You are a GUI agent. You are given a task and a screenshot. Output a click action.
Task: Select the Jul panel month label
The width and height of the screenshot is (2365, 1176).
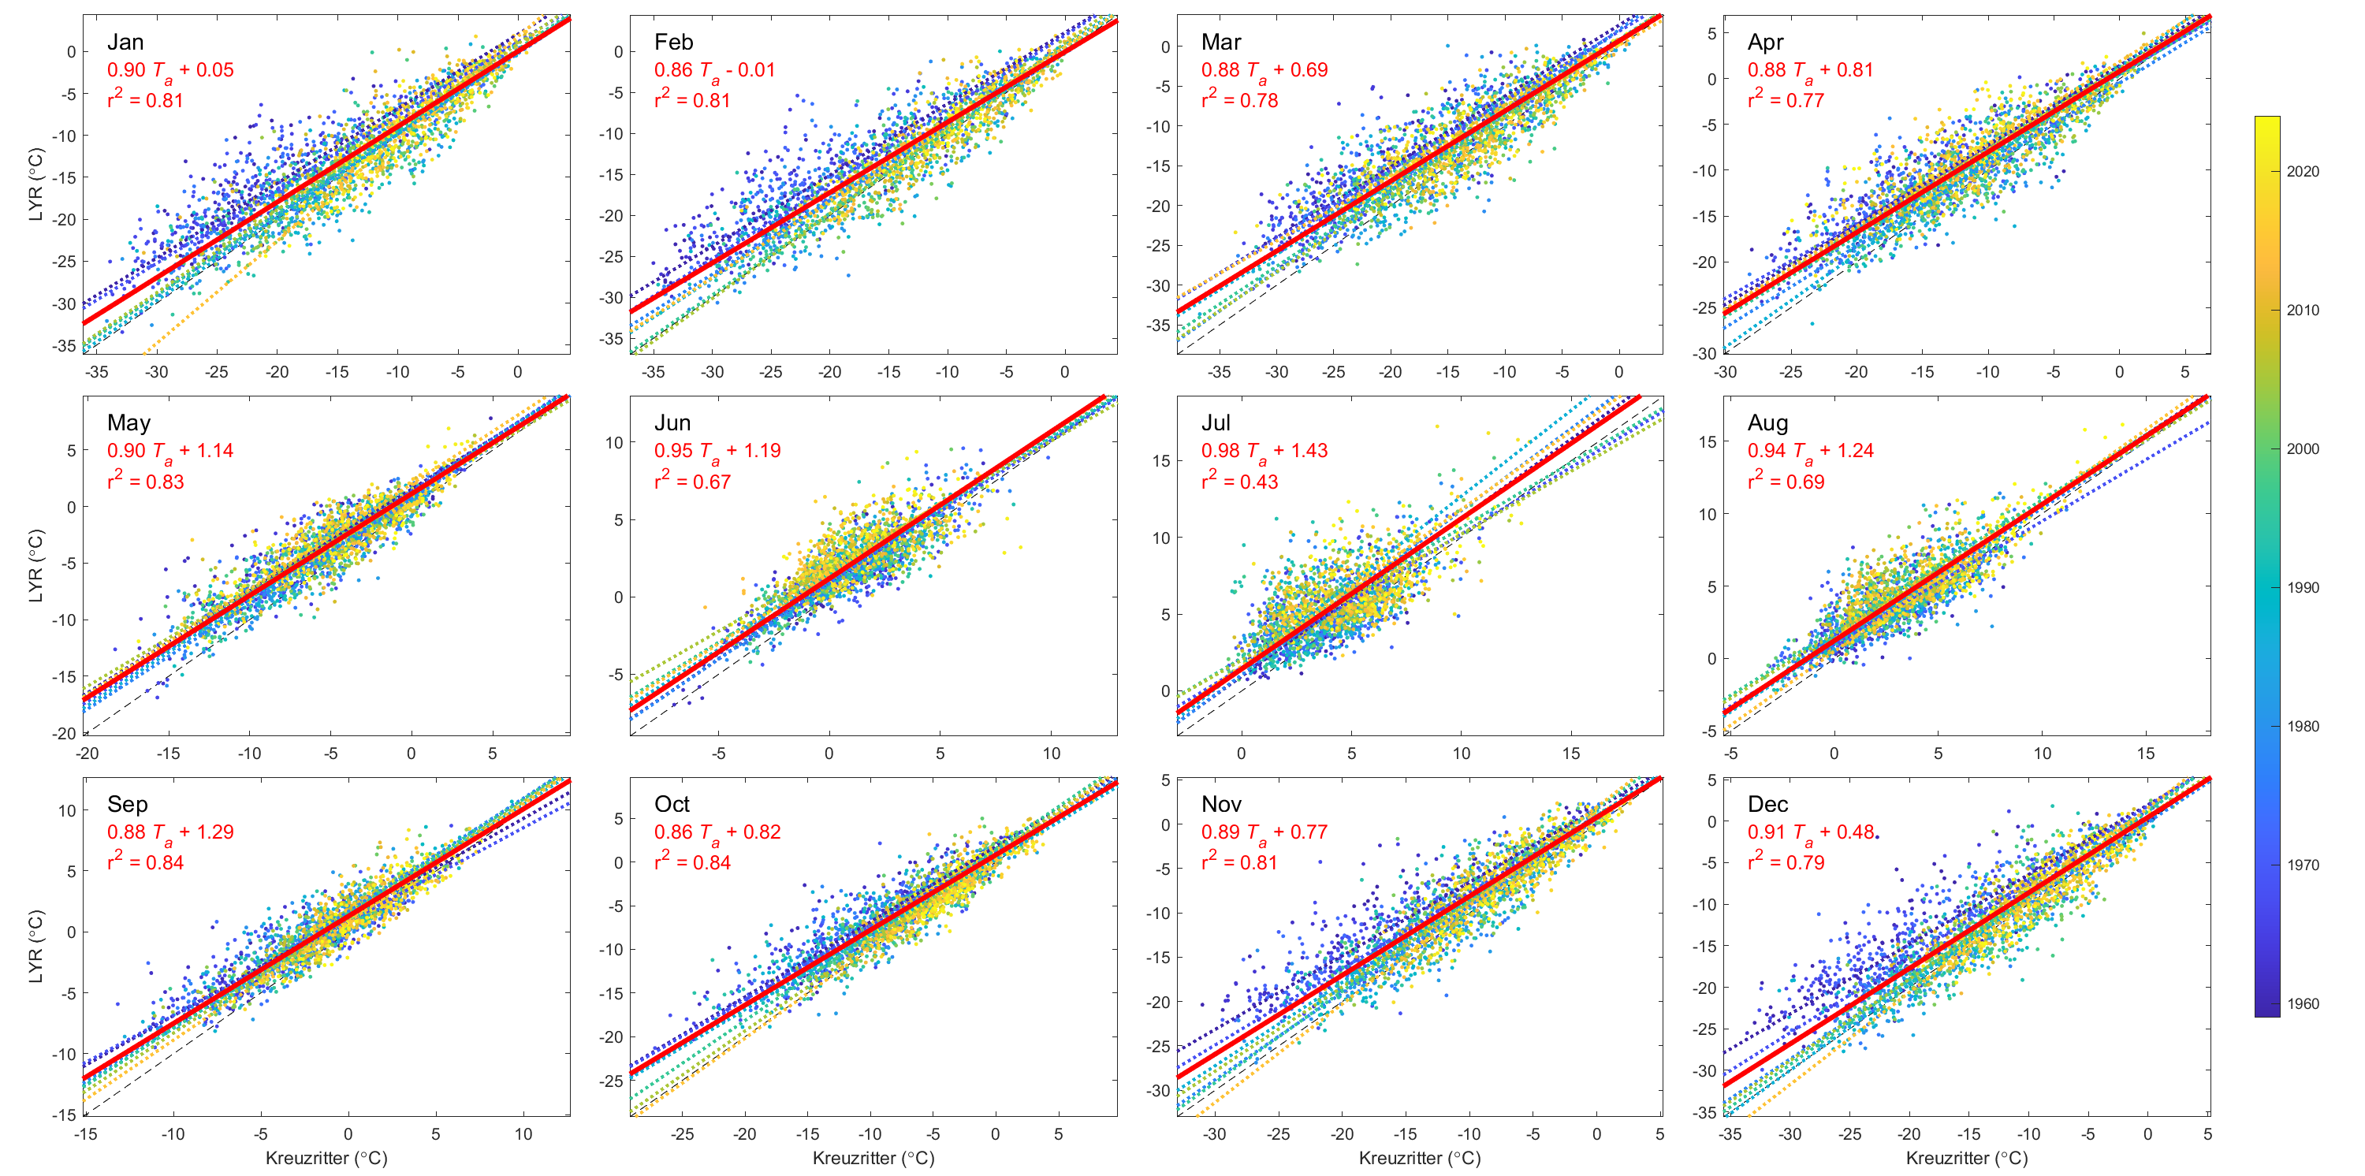coord(1216,423)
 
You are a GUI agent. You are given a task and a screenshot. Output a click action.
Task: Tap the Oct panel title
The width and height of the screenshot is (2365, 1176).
coord(671,804)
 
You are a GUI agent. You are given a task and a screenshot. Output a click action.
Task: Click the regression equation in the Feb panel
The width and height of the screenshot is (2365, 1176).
coord(714,71)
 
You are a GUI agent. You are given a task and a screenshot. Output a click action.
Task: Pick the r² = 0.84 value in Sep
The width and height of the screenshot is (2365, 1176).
coord(145,862)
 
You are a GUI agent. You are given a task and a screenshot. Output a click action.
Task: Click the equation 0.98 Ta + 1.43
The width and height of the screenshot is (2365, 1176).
coord(1264,451)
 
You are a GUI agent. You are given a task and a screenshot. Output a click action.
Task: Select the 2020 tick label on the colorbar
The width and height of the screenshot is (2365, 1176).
coord(2303,172)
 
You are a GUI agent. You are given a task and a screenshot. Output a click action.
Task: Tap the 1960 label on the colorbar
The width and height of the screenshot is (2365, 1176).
coord(2303,1003)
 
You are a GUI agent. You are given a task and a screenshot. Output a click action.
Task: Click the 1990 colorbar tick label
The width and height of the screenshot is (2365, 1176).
coord(2303,587)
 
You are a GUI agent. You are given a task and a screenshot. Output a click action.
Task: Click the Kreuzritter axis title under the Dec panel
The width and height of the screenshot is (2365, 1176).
coord(1967,1158)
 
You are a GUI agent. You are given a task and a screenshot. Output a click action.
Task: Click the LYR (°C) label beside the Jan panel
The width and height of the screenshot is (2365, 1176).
coord(35,184)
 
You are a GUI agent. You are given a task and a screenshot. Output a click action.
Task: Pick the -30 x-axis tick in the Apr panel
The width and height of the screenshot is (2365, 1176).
coord(1725,372)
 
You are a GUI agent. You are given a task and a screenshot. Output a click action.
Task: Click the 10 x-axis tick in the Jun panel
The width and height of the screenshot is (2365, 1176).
coord(1051,754)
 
